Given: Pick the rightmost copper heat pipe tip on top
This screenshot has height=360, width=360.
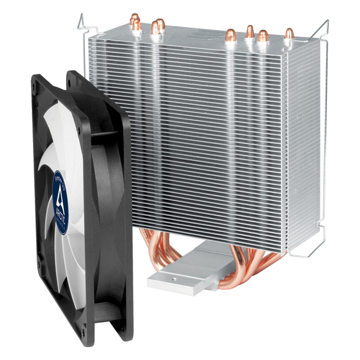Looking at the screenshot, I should [289, 34].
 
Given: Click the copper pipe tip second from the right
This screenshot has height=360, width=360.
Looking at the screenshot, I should [263, 36].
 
